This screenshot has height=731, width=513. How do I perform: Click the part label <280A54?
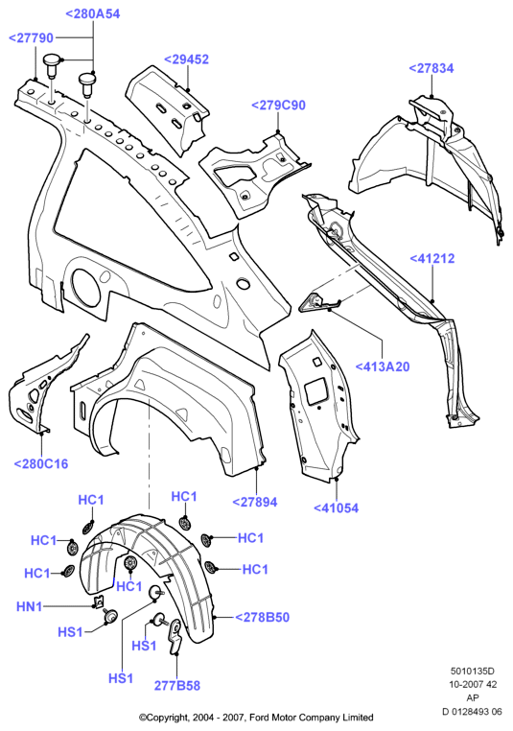(x=93, y=14)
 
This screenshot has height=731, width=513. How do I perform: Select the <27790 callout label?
(x=32, y=37)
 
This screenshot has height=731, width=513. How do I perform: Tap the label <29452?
(x=186, y=59)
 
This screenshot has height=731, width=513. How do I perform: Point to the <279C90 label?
(x=279, y=106)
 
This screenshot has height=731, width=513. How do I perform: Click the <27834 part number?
(x=431, y=68)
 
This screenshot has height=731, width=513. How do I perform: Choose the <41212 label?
(x=432, y=258)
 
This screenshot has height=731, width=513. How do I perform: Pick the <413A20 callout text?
(x=383, y=366)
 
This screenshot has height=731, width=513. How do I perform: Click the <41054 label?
(x=336, y=507)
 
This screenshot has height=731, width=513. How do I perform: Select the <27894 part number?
(x=255, y=502)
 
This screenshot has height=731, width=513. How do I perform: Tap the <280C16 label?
(x=41, y=464)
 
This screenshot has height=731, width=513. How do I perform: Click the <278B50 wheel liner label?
(x=263, y=617)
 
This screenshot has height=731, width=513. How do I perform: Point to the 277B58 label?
(x=177, y=685)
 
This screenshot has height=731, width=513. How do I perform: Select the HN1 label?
(x=30, y=606)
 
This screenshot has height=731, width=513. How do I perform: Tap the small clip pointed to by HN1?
(x=98, y=601)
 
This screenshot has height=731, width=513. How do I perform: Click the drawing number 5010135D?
(x=472, y=671)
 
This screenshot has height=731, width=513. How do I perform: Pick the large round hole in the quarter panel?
(x=84, y=287)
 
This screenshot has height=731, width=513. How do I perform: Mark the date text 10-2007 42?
(x=473, y=684)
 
